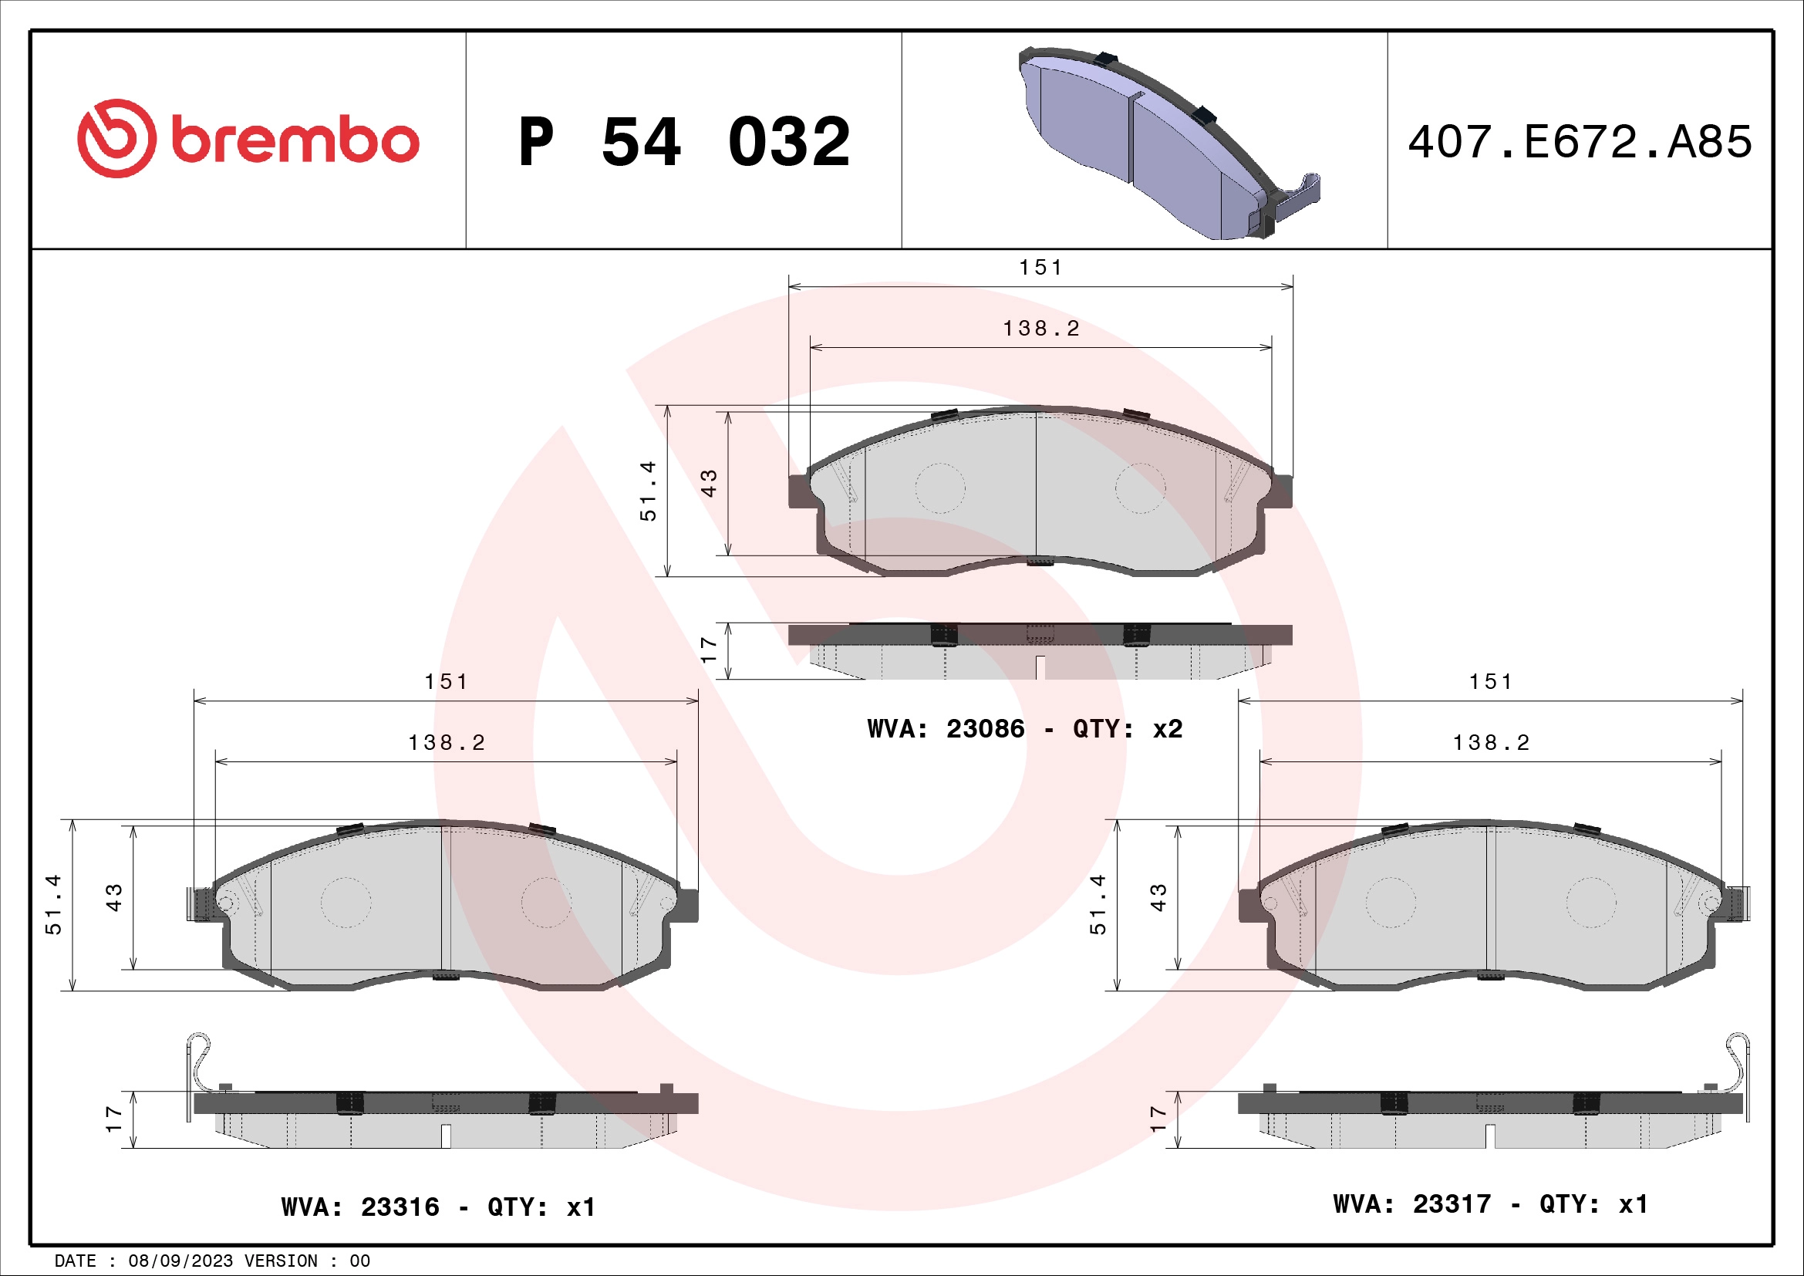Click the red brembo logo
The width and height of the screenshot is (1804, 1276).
click(x=248, y=139)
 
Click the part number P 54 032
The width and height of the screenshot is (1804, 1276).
click(x=683, y=142)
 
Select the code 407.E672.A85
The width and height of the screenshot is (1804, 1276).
click(x=1580, y=142)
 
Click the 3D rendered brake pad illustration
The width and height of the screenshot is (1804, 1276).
click(x=1163, y=145)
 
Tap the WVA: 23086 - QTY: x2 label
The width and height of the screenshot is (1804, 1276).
click(x=1024, y=728)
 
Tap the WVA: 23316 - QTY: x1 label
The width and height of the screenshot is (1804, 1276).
click(x=437, y=1206)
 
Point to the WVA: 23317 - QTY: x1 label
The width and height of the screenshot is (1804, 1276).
click(x=1490, y=1203)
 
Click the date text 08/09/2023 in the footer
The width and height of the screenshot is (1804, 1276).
click(x=180, y=1261)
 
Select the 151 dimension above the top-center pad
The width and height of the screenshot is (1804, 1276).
click(x=1040, y=267)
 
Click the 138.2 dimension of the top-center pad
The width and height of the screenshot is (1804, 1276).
click(x=1041, y=329)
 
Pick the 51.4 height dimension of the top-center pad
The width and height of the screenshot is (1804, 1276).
click(x=647, y=491)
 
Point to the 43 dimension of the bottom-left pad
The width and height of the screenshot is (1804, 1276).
click(x=114, y=896)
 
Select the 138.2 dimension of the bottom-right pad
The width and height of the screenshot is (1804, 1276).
click(x=1491, y=742)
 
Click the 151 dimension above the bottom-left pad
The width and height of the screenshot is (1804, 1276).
click(x=446, y=681)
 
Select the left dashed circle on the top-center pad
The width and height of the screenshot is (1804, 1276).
click(x=939, y=488)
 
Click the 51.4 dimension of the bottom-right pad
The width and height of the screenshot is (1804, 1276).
click(x=1097, y=903)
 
